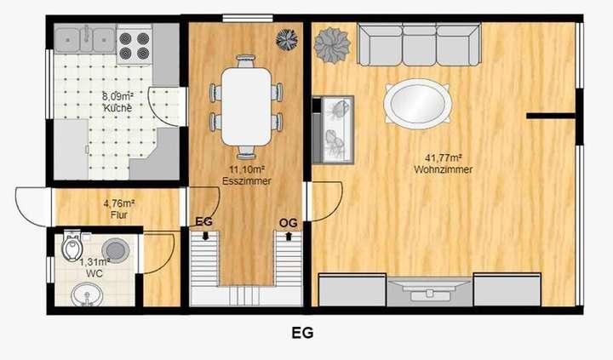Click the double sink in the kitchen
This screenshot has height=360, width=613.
85,37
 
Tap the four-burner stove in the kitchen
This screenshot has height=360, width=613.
134,43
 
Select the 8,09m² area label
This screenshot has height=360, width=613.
117,96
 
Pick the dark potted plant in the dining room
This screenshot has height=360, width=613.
288,38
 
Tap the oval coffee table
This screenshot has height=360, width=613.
417,104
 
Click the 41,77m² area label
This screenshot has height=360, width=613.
443,157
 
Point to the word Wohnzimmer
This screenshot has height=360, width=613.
444,169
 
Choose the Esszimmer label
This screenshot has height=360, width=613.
240,180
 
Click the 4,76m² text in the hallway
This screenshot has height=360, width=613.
119,203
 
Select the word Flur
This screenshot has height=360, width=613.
118,215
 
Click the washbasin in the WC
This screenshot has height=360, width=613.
84,295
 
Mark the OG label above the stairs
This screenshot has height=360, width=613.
288,222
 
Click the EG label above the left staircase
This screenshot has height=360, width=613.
203,222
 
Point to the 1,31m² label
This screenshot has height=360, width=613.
95,262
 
